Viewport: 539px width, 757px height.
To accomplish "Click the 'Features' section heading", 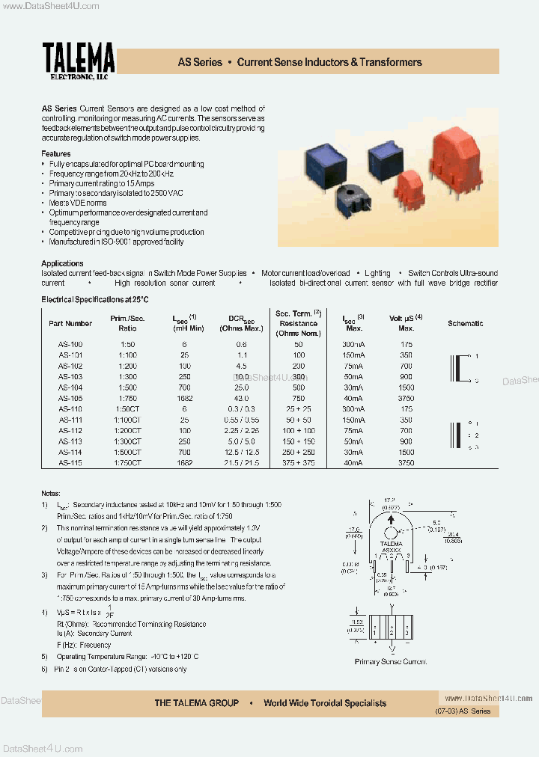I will (56, 154).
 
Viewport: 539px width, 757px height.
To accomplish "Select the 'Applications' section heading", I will (62, 263).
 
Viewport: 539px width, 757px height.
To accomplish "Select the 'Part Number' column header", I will (70, 324).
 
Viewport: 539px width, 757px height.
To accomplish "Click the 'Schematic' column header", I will (465, 324).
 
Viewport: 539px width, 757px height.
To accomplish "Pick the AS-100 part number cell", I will (70, 344).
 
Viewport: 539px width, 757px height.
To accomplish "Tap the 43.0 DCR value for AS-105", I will (241, 399).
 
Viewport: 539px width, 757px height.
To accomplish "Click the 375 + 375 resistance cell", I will (299, 463).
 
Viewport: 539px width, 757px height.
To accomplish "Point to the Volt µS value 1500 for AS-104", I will (406, 388).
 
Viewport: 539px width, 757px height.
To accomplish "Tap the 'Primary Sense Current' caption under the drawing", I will (391, 661).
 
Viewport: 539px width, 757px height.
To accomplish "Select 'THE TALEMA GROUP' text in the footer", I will (197, 703).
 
